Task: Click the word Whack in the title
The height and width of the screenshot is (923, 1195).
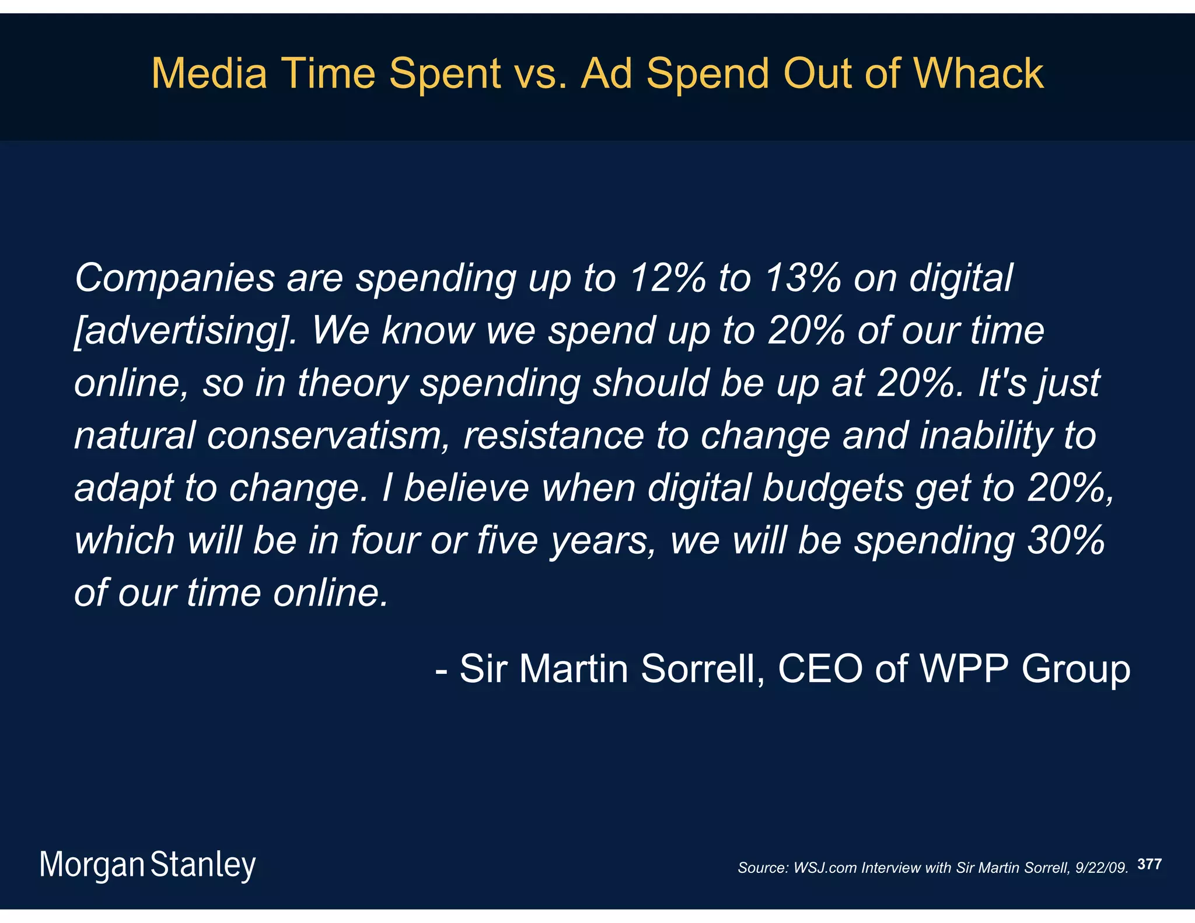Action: pos(979,74)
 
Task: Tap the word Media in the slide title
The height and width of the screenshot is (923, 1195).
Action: pos(209,74)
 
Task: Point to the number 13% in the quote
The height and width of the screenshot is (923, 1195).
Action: pos(802,278)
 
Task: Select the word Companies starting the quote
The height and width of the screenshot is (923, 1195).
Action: pos(174,279)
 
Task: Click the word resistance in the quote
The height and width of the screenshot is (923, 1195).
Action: pos(553,436)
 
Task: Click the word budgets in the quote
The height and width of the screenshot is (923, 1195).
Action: pos(833,488)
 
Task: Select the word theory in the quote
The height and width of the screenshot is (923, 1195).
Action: pos(353,384)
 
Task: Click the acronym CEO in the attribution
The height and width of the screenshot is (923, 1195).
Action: pos(820,669)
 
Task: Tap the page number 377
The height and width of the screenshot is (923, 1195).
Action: pos(1149,864)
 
